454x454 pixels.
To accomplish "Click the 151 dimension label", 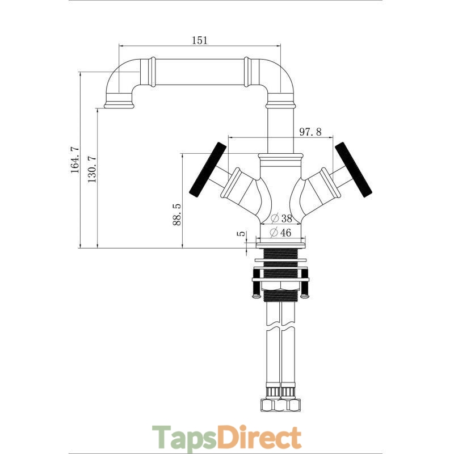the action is (x=200, y=40).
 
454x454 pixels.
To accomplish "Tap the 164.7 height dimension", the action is (x=75, y=159).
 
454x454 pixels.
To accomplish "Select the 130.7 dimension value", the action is (x=92, y=169).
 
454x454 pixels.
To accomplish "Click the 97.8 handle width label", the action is (x=310, y=132).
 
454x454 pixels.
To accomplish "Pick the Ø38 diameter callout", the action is (x=281, y=218).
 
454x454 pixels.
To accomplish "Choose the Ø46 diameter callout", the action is (x=280, y=232).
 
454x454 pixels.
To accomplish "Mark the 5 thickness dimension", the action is (x=242, y=233).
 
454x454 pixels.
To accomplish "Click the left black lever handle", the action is (x=207, y=170).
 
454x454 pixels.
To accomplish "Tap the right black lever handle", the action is (x=353, y=170).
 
